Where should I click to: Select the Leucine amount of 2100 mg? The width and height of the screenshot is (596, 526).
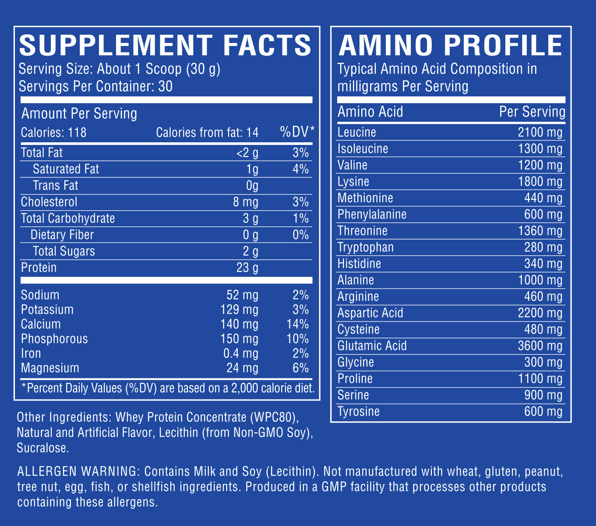(x=540, y=132)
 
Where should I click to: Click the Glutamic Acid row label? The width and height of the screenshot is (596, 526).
(x=372, y=346)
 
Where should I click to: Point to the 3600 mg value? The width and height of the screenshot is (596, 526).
(x=540, y=346)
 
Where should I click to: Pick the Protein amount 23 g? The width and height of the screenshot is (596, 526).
(x=247, y=268)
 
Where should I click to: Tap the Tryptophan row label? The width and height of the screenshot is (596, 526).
(x=365, y=247)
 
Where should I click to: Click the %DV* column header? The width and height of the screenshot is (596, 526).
(x=297, y=132)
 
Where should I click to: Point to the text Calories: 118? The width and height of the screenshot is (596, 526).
(x=54, y=132)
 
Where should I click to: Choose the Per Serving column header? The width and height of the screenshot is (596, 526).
(x=532, y=112)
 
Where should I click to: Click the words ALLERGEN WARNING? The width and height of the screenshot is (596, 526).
(x=77, y=472)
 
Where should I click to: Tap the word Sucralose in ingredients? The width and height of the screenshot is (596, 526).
(x=42, y=448)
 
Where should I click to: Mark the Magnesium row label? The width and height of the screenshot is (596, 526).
(x=50, y=368)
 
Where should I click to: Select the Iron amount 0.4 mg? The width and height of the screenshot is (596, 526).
(x=239, y=353)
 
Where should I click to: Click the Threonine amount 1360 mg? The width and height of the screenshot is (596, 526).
(x=540, y=231)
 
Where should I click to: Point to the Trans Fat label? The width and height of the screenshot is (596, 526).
(x=55, y=186)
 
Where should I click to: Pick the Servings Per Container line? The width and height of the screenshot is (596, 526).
(x=95, y=86)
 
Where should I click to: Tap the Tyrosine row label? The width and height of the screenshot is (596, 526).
(x=358, y=412)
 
